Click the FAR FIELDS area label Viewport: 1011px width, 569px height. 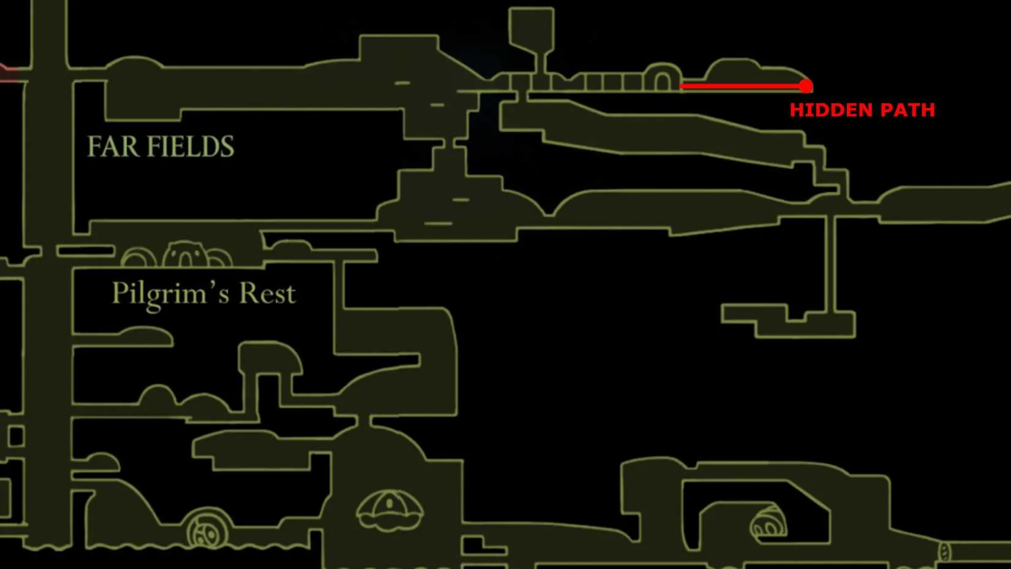point(161,147)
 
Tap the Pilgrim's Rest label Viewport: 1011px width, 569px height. point(203,294)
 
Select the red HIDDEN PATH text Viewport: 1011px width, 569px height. point(862,110)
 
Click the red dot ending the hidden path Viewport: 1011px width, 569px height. point(806,86)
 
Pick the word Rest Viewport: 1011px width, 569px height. point(267,294)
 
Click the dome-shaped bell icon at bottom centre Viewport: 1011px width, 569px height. point(390,510)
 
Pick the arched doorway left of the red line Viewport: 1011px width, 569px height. point(662,77)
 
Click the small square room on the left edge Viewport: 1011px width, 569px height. point(15,436)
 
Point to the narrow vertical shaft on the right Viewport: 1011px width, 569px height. point(830,264)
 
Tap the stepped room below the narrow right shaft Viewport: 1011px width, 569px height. point(788,321)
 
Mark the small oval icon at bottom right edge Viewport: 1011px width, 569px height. point(945,552)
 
